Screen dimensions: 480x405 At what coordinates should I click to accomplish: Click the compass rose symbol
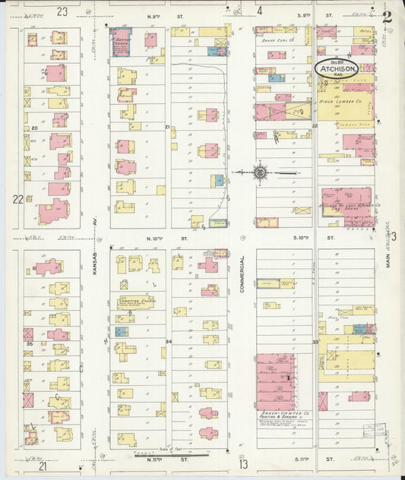coord(260,172)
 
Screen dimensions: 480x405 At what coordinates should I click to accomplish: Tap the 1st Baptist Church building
coord(121,40)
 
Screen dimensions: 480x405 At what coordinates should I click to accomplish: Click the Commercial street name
coord(242,277)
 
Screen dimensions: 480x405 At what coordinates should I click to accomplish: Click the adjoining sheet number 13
coord(242,464)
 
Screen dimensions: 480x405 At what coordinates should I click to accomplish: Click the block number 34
coord(169,341)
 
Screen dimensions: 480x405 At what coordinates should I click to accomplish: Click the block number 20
coord(35,128)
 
